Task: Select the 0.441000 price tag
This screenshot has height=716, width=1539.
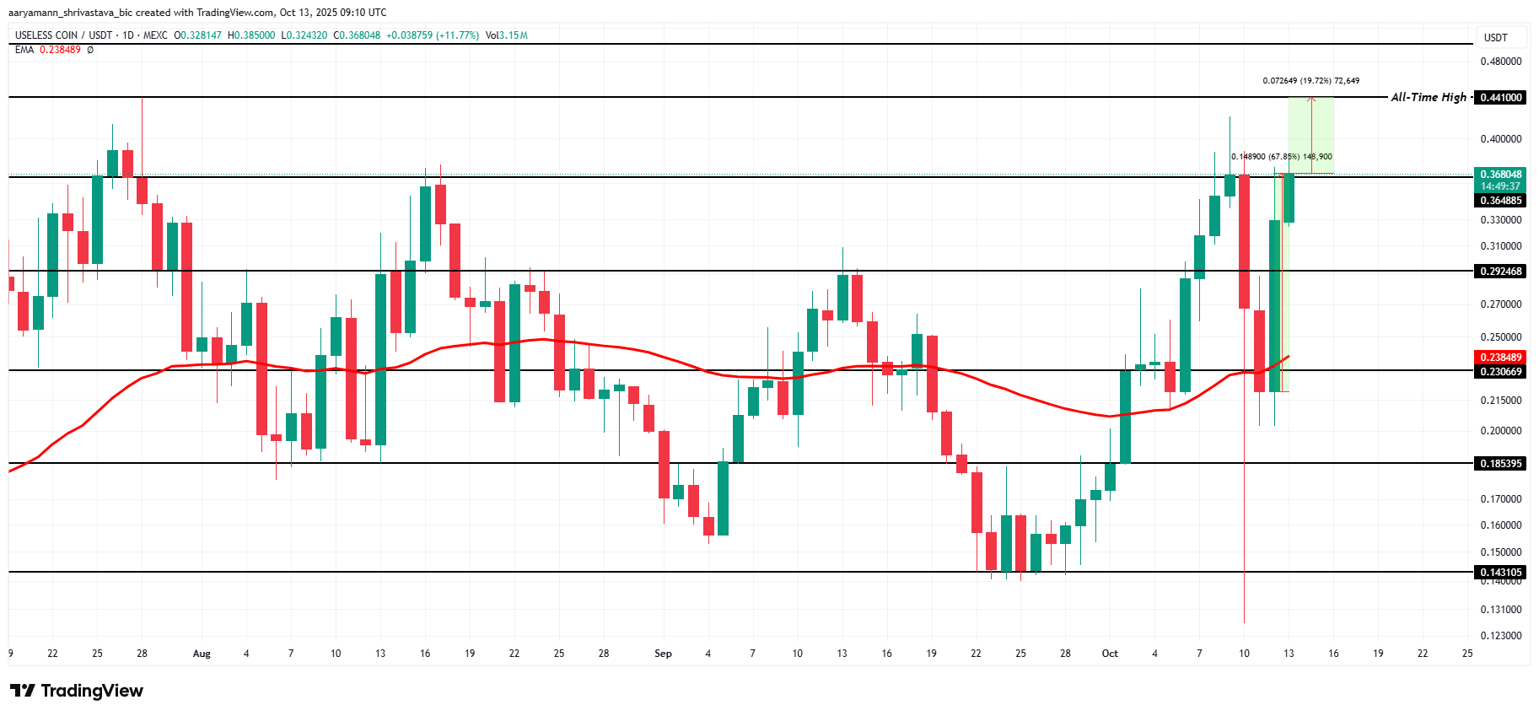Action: click(x=1501, y=98)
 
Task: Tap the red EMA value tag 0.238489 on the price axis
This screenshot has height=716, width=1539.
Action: click(x=1501, y=358)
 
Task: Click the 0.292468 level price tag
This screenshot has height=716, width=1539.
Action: click(x=1501, y=272)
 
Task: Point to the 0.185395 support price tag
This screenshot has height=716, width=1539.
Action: click(x=1501, y=464)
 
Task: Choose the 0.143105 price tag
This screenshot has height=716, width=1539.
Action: click(x=1501, y=573)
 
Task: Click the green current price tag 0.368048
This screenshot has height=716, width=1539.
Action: click(x=1501, y=175)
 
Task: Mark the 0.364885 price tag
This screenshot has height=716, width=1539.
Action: click(x=1501, y=201)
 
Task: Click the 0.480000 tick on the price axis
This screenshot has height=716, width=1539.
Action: click(x=1501, y=62)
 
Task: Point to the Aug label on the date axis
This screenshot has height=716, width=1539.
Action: click(x=202, y=654)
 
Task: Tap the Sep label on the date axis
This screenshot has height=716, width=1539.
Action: click(x=663, y=654)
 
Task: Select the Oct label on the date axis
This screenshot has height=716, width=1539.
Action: click(x=1110, y=654)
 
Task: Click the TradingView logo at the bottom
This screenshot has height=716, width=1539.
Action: click(x=77, y=691)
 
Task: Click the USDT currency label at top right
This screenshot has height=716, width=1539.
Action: click(x=1495, y=38)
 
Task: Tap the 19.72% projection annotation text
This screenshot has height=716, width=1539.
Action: click(x=1316, y=81)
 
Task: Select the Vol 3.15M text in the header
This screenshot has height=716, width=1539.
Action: click(x=507, y=35)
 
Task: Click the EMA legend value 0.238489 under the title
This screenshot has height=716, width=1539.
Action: click(x=60, y=50)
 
